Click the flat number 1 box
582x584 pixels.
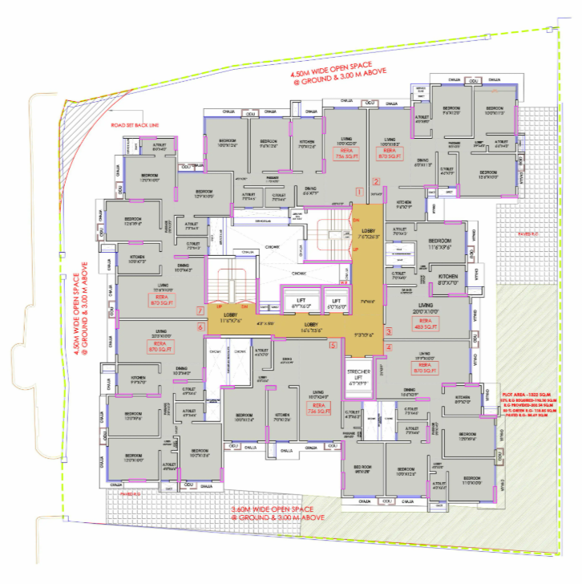360,192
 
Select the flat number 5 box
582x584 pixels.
333,345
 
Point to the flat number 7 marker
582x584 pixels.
201,310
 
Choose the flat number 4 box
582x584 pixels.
389,347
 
